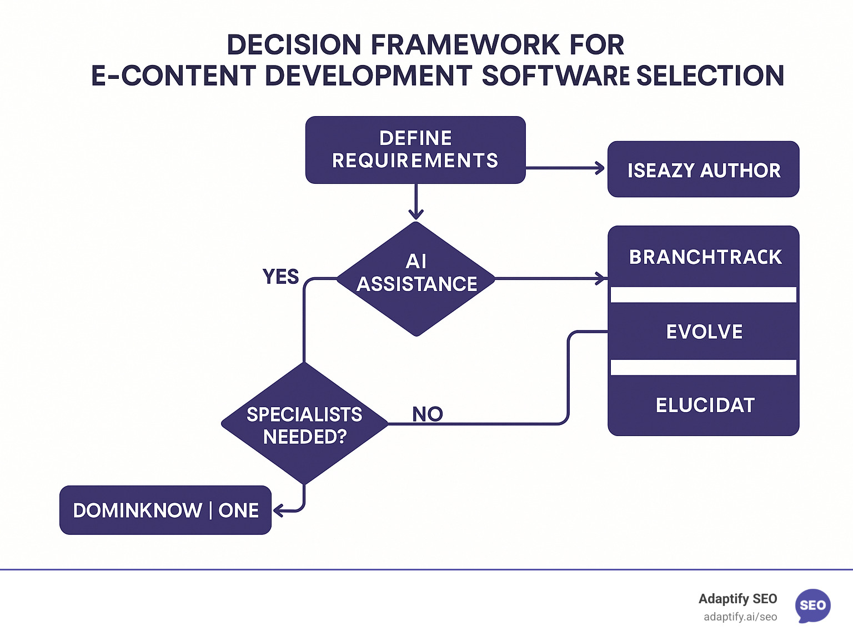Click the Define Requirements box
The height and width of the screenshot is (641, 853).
coord(415,149)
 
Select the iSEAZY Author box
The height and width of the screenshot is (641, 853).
coord(703,169)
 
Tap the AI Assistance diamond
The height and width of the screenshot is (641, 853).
coord(416,278)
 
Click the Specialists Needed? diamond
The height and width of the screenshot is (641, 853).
coord(304,424)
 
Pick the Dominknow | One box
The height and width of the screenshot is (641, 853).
coord(165,510)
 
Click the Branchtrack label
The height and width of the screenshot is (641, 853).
coord(705,257)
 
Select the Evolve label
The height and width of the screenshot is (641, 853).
coord(704,332)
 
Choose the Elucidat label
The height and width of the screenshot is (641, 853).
coord(705,405)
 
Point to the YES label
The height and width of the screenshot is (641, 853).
coord(280,276)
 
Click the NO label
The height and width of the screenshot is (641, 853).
coord(427,413)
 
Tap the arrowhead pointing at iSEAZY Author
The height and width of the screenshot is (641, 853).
coord(600,168)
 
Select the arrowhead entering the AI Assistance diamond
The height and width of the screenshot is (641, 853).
coord(416,214)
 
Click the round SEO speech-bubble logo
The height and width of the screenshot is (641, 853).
coord(812,605)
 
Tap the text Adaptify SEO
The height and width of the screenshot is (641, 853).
coord(737,599)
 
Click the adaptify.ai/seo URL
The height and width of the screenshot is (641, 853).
coord(740,617)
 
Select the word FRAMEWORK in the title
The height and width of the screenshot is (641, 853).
coord(465,44)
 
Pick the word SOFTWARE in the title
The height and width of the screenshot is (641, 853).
coord(555,76)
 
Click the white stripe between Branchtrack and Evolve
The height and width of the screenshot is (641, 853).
coord(703,294)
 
